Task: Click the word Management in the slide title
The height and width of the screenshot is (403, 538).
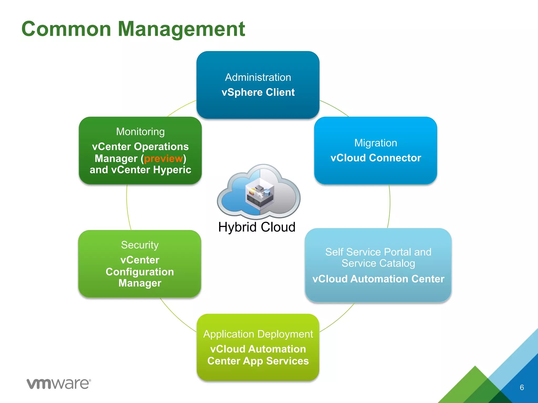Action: [181, 29]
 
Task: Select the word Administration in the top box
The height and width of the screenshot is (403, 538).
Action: [258, 77]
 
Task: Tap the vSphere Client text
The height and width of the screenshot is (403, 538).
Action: [258, 92]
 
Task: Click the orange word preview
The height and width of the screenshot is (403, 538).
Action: [163, 158]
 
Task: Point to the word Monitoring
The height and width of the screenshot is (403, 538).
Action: [140, 132]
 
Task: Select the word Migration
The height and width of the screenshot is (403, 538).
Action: [376, 143]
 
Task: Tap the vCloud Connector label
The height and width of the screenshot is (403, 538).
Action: [376, 158]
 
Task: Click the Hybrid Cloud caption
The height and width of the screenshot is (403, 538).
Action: [257, 227]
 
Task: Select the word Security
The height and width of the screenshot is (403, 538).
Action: [140, 245]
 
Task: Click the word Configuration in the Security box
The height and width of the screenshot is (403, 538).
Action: [140, 272]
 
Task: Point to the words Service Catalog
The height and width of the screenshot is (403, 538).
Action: [378, 263]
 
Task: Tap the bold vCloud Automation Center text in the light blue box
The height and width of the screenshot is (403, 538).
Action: [378, 279]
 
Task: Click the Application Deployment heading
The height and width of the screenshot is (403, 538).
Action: [258, 334]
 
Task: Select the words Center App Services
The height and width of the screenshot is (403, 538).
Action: [258, 361]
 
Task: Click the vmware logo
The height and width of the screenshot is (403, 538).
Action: [59, 384]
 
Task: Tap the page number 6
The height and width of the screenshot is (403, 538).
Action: [522, 388]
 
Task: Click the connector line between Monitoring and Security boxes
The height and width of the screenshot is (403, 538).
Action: [127, 207]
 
